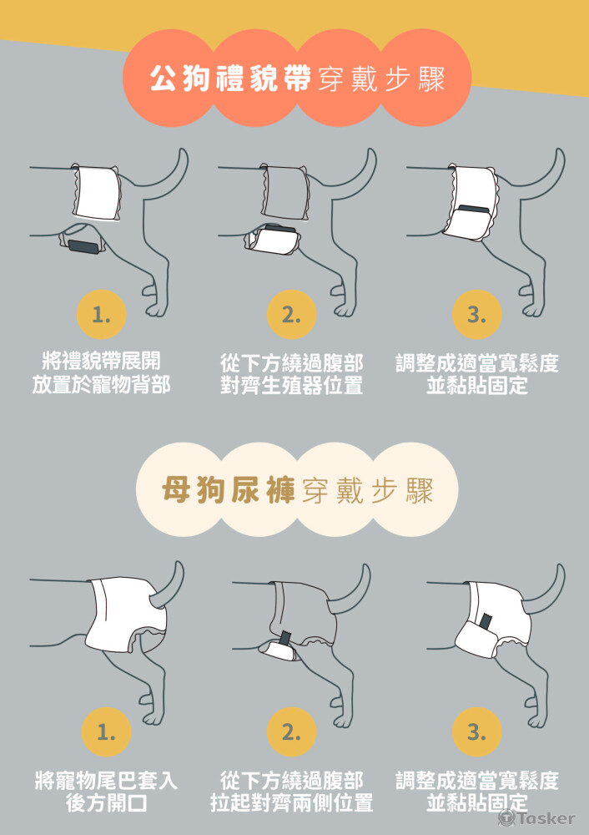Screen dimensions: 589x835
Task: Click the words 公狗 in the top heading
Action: tap(179, 79)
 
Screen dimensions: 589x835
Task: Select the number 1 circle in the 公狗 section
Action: tap(101, 314)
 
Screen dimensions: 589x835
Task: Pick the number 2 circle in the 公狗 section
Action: tap(291, 314)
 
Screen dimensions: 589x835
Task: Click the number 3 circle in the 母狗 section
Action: tap(476, 731)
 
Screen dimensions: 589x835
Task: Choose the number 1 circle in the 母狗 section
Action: tap(106, 731)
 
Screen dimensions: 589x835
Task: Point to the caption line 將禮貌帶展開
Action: tap(101, 362)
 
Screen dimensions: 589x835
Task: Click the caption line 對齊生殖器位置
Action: tap(291, 385)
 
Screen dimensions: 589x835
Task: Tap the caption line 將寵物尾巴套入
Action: tap(106, 781)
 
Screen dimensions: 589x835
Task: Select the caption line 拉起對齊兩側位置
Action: tap(291, 802)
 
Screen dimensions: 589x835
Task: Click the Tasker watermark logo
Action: tap(536, 817)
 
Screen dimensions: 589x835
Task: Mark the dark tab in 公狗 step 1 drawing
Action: tap(83, 246)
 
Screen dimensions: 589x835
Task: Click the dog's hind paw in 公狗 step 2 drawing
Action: tap(345, 308)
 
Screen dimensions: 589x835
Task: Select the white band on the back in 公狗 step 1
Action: tap(96, 192)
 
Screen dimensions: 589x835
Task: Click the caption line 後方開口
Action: tap(106, 802)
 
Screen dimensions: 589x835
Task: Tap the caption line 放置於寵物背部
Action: tap(101, 384)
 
